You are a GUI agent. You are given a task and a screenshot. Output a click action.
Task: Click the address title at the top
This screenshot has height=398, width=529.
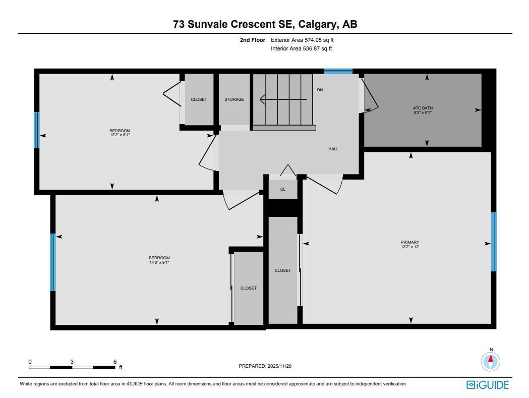[x=265, y=24]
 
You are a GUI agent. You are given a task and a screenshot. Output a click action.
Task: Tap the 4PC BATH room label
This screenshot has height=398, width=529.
[x=423, y=108]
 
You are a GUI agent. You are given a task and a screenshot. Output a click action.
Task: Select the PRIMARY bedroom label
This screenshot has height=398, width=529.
[x=410, y=242]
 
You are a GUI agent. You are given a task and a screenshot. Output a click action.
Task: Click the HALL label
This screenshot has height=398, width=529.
[x=333, y=149]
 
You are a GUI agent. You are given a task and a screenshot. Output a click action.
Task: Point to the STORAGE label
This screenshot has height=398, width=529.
[x=234, y=99]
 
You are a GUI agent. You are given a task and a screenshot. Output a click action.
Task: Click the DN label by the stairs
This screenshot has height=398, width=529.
[x=320, y=90]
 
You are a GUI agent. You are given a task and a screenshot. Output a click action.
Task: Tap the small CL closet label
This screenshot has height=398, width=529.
[x=283, y=189]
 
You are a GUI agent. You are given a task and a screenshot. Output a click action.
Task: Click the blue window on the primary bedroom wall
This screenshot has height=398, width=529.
[x=494, y=242]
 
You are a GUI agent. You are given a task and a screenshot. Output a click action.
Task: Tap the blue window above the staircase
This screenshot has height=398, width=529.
[x=338, y=71]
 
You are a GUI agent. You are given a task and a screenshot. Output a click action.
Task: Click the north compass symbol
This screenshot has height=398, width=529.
[x=491, y=361]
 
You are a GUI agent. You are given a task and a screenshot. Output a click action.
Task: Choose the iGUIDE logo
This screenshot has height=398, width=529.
[x=488, y=385]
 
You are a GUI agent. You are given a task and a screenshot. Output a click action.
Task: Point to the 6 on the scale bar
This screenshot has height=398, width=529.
[x=115, y=362]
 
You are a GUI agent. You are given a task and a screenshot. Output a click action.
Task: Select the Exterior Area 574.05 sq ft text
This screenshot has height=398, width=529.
[x=302, y=39]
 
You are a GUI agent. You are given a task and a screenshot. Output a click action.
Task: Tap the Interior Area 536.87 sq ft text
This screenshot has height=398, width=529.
[x=301, y=48]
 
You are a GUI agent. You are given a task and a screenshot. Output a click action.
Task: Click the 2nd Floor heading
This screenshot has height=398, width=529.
[x=252, y=39]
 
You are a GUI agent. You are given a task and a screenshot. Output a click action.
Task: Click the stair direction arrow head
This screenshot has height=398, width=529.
[x=262, y=99]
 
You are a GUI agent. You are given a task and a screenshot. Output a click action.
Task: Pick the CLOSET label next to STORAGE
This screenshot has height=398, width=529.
[x=199, y=99]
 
